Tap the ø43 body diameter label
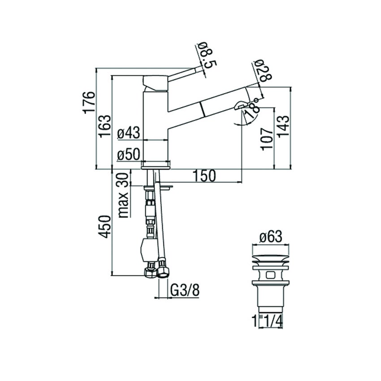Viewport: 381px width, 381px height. click(129, 133)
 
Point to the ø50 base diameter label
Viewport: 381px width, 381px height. click(129, 155)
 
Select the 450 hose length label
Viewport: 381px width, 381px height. click(104, 226)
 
